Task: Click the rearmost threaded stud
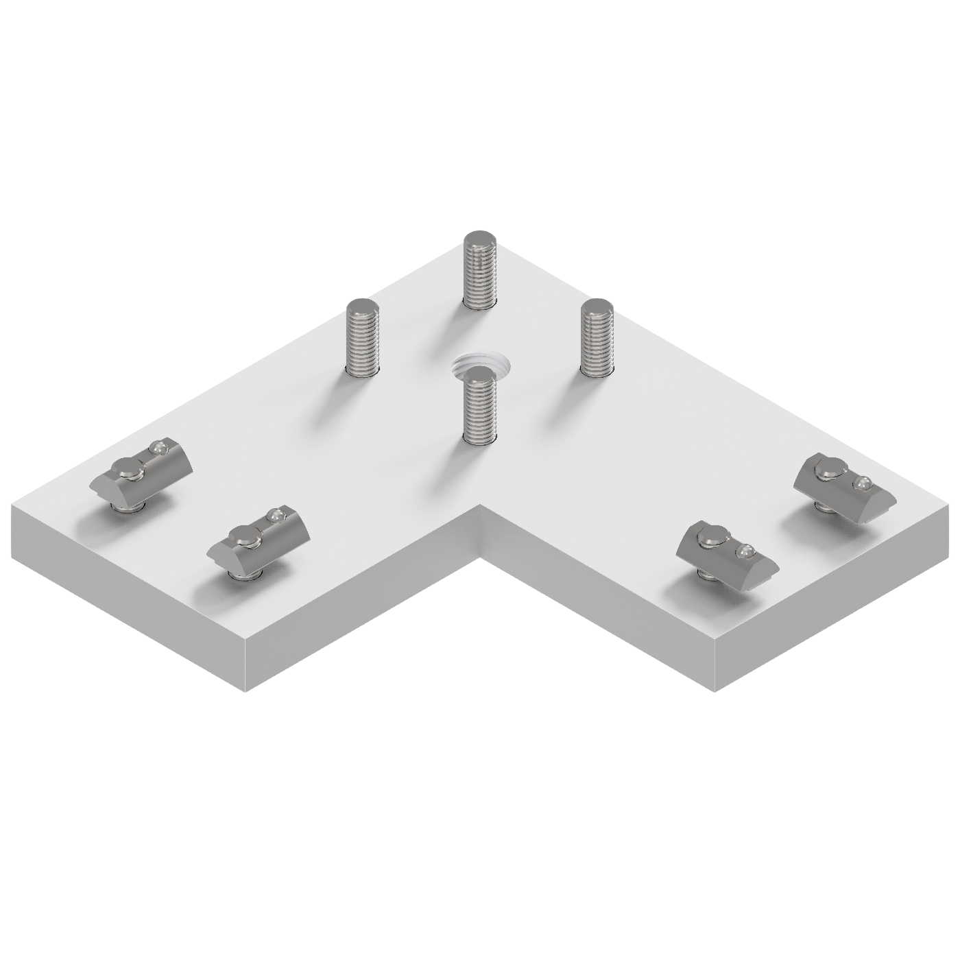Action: tap(481, 271)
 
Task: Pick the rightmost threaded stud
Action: tap(597, 339)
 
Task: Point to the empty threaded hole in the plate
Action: tap(481, 363)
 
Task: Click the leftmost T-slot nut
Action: tap(142, 474)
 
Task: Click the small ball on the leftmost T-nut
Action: tap(159, 448)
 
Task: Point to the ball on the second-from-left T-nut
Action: tap(276, 514)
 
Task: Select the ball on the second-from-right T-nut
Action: tap(745, 551)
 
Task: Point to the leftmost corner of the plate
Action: tap(12, 506)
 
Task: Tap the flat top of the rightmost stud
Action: tap(597, 308)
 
